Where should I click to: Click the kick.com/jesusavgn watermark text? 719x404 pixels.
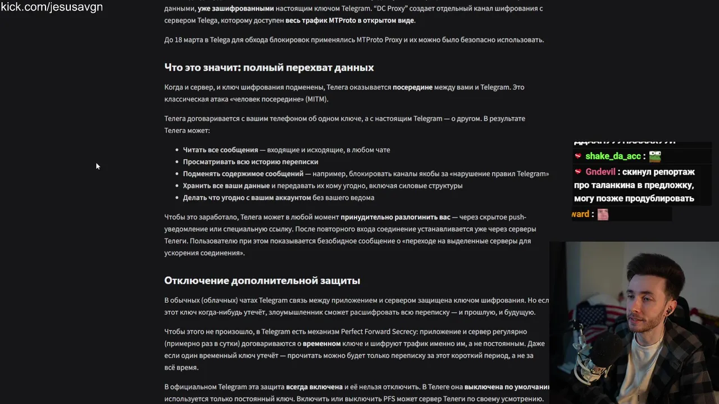(x=52, y=7)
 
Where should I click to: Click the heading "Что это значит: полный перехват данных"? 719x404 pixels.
(x=269, y=67)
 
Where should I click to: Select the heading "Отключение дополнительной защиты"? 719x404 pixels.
(x=262, y=281)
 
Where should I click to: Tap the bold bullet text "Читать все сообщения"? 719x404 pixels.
(x=220, y=150)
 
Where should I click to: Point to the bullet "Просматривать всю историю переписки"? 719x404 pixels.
(x=251, y=162)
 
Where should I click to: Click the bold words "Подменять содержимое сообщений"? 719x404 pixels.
(x=243, y=174)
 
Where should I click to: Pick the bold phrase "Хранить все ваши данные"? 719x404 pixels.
(x=226, y=186)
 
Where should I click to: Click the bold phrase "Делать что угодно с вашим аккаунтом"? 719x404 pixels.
(x=247, y=198)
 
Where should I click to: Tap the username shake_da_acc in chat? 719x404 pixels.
(x=613, y=157)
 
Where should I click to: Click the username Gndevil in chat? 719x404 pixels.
(x=600, y=172)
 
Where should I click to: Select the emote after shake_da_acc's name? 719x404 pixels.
(x=654, y=157)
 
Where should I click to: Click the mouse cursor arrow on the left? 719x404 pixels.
(x=98, y=166)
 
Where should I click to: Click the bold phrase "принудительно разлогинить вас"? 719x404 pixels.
(x=395, y=217)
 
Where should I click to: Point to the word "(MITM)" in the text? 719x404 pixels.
(x=316, y=99)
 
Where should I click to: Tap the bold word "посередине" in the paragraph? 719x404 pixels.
(x=412, y=88)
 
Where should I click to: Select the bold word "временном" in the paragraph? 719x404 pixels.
(x=321, y=343)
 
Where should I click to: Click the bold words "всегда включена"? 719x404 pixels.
(x=314, y=387)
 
